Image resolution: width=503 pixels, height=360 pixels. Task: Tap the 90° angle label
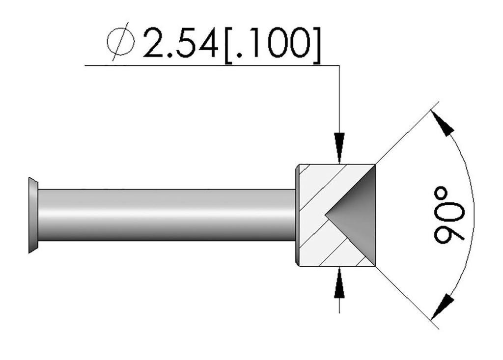449,215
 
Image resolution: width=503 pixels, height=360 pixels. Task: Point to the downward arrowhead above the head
339,148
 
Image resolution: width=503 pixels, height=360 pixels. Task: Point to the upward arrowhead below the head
339,283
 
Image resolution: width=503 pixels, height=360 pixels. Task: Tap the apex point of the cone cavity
325,215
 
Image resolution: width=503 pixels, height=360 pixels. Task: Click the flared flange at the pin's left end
33,215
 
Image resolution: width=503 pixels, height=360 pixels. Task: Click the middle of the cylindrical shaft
167,215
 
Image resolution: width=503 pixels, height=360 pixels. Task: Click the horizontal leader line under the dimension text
196,65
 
